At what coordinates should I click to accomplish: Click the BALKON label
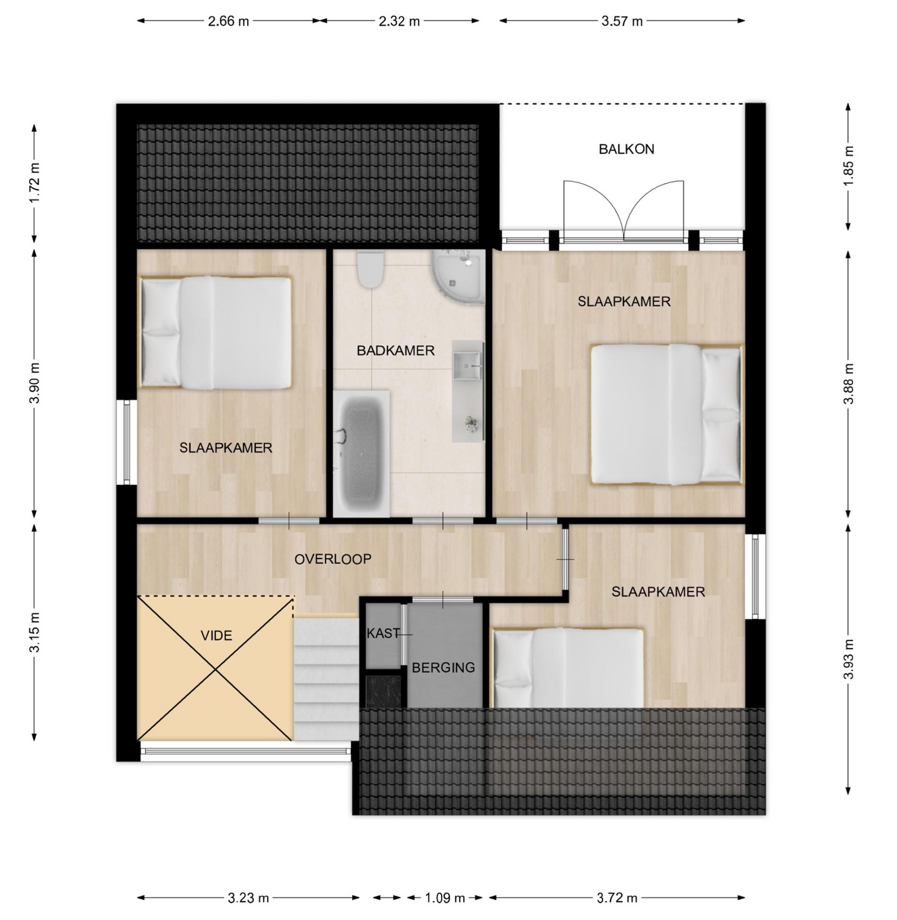pos(626,149)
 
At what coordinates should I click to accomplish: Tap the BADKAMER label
pos(396,351)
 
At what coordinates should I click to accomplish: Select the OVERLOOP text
pos(332,559)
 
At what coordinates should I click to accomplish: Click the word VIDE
pos(216,636)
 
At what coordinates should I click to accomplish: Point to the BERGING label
pos(443,668)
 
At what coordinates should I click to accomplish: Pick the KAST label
pos(383,633)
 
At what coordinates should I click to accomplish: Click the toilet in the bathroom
pos(370,269)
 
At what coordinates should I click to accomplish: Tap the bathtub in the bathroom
pos(361,453)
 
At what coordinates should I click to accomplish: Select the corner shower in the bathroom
pos(458,277)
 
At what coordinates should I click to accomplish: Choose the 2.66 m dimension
pos(229,22)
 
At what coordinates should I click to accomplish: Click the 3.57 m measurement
pos(622,22)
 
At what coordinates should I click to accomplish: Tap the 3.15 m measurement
pos(35,632)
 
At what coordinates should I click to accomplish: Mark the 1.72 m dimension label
pos(35,183)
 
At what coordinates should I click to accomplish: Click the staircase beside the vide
pos(326,677)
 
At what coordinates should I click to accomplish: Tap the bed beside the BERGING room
pos(568,668)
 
